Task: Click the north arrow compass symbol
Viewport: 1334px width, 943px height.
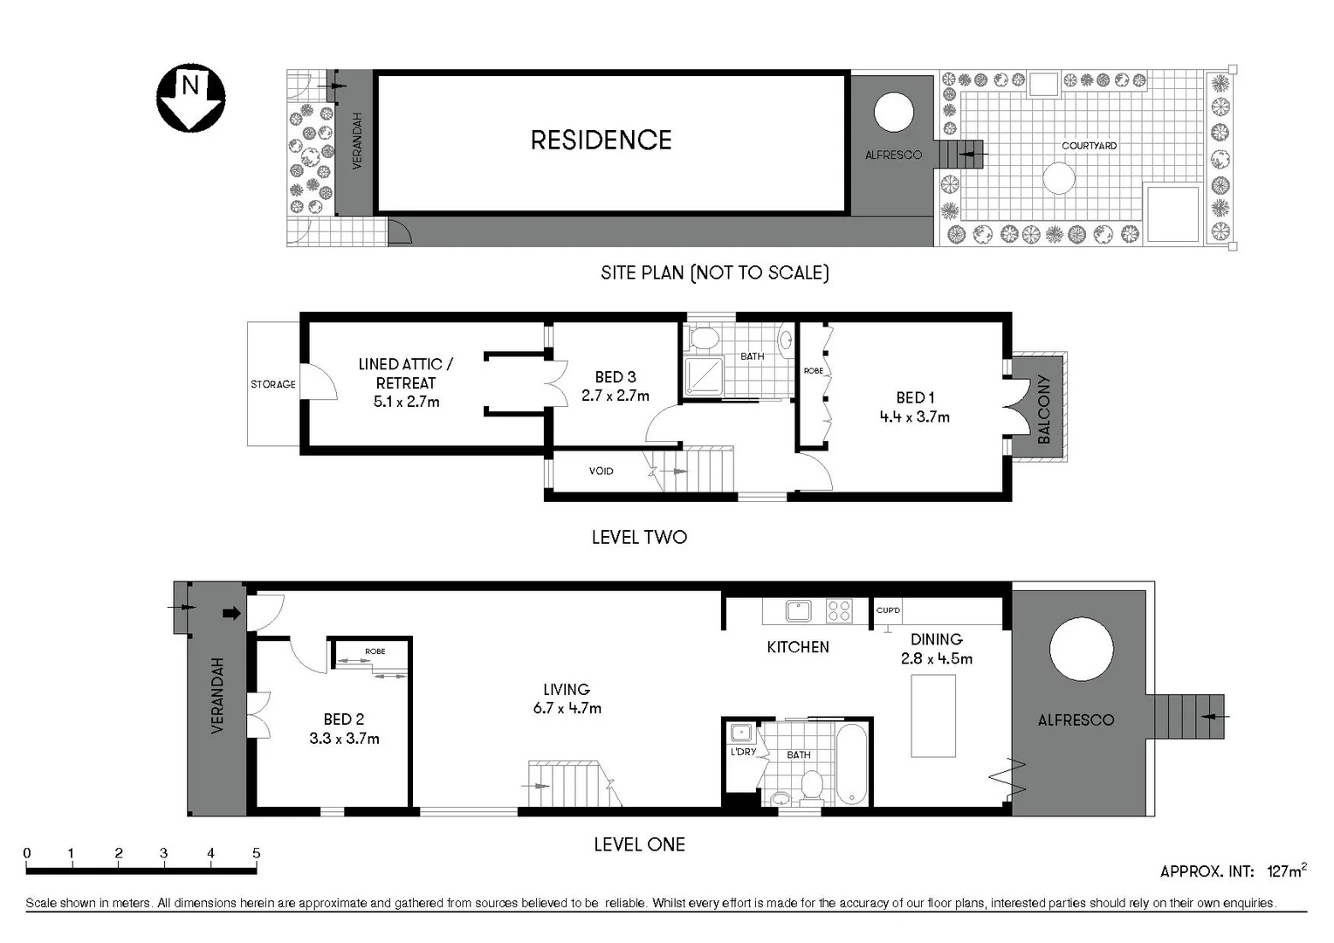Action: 190,97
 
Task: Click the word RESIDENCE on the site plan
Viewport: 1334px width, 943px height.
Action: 601,141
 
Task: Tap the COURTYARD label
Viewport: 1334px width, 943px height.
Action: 1089,146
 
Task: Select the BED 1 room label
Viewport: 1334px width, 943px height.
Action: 914,397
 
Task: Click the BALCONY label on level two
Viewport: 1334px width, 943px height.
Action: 1043,410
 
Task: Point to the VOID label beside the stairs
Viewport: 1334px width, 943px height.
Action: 601,471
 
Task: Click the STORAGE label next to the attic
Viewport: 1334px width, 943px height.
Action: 272,384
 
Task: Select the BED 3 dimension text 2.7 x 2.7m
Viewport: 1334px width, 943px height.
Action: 615,396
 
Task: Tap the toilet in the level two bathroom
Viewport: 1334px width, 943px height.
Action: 703,338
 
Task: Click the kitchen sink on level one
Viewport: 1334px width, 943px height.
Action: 798,610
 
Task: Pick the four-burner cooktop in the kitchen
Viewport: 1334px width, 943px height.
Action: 839,610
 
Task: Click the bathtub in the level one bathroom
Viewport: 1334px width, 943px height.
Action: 852,765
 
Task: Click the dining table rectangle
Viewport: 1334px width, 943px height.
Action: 932,716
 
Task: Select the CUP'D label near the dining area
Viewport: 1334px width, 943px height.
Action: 888,610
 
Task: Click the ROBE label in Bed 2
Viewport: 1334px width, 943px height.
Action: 375,651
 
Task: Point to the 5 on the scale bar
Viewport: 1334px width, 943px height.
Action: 256,853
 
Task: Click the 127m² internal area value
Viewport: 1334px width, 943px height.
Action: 1286,871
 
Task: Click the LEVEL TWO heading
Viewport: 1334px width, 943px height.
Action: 639,538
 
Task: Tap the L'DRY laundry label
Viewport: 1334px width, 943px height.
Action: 743,752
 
